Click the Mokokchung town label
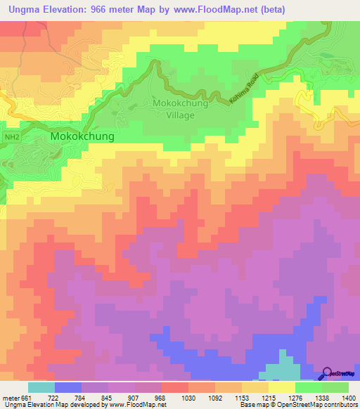(x=82, y=136)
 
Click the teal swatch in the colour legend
(x=41, y=387)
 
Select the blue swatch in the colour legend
(x=68, y=387)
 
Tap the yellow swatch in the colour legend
(x=283, y=387)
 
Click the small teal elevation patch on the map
(x=278, y=369)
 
